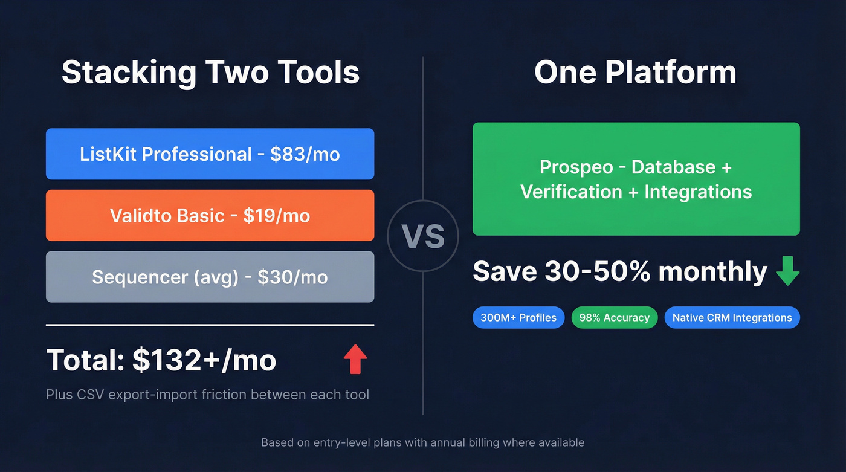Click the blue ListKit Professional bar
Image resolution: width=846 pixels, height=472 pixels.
[210, 154]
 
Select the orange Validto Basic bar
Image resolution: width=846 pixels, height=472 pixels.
[210, 216]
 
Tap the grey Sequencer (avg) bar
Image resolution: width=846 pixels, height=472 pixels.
[210, 277]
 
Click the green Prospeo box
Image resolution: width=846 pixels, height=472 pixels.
[636, 179]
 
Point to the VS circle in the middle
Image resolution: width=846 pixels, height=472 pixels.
[423, 236]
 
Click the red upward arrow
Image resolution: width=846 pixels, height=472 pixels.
[355, 359]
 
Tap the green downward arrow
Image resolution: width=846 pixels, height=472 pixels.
[787, 272]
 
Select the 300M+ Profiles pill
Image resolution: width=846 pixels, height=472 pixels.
[518, 317]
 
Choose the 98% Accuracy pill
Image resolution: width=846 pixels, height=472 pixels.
[614, 317]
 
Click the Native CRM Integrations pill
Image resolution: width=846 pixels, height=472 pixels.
[732, 317]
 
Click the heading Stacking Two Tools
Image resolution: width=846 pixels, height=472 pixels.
[210, 73]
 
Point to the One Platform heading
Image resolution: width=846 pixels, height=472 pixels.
[635, 73]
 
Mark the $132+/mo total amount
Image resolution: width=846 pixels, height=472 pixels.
[204, 360]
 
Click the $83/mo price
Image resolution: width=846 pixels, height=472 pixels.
[305, 154]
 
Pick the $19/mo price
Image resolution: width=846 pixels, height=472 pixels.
[277, 216]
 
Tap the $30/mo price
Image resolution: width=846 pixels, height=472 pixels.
[292, 277]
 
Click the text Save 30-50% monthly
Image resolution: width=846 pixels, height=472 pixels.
[620, 271]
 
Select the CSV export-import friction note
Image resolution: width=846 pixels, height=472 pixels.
[207, 395]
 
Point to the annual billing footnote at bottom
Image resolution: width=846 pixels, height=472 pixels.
[422, 442]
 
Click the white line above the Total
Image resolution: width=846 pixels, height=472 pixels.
[210, 325]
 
